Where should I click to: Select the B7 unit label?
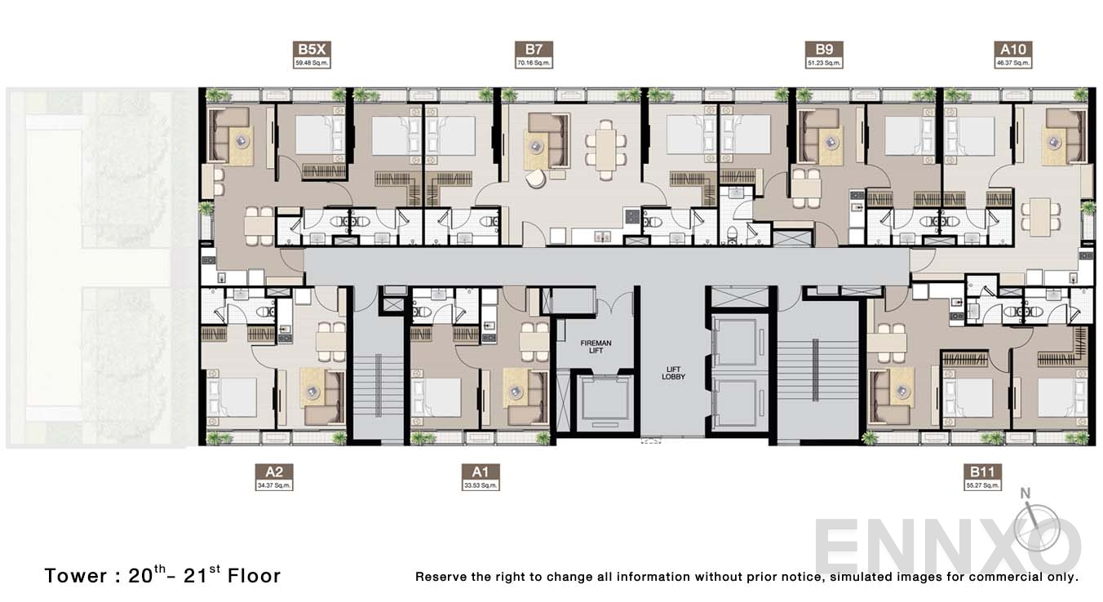tap(534, 49)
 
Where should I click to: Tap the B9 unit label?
tap(823, 49)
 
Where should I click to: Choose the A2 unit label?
tap(273, 472)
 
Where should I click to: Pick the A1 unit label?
tap(479, 472)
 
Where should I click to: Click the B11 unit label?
tap(981, 472)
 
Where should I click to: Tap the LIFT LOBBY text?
tap(674, 373)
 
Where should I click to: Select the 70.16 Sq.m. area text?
tap(534, 63)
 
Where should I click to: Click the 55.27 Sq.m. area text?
tap(981, 486)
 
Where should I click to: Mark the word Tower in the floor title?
tap(76, 576)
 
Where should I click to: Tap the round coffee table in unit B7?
tap(536, 146)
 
